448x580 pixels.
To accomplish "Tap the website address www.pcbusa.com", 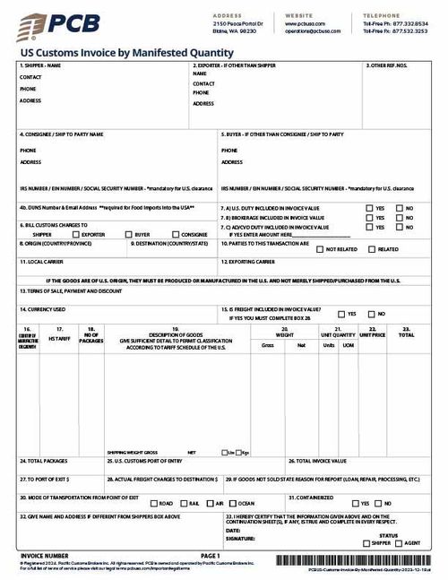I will tap(306, 24).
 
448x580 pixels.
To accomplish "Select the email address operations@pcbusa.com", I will tap(313, 31).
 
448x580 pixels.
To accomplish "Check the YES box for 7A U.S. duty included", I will tap(369, 208).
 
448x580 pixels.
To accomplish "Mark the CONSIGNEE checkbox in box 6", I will tap(162, 234).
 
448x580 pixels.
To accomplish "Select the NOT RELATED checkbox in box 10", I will tap(319, 248).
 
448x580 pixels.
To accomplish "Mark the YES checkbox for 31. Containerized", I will tap(357, 504).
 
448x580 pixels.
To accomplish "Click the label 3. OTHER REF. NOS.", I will tap(389, 65).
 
